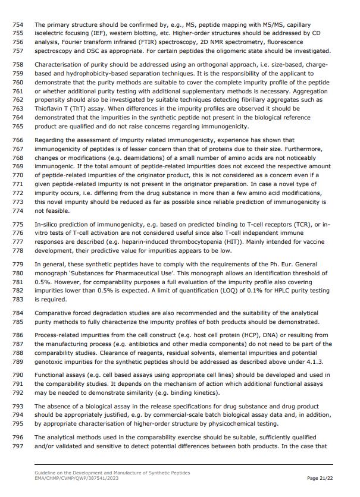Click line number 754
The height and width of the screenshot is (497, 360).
17,25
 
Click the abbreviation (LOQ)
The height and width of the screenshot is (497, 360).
228,290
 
